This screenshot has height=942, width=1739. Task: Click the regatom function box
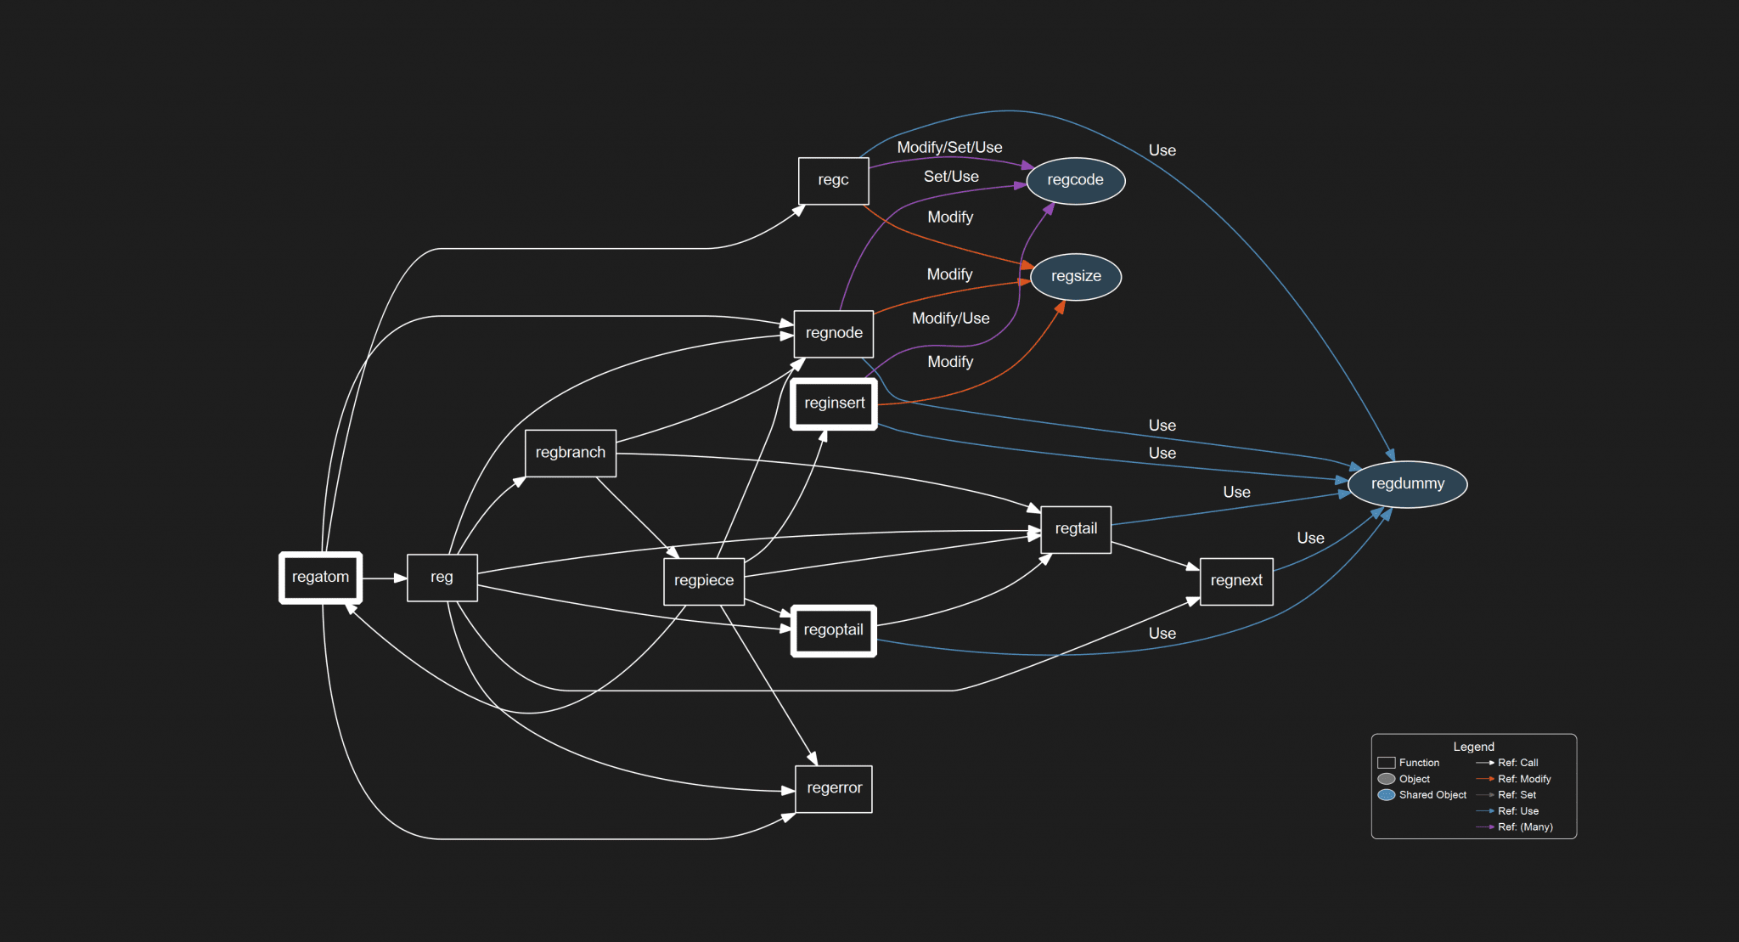(320, 578)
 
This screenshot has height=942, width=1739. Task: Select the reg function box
(442, 578)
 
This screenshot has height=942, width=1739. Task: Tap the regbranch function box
(570, 453)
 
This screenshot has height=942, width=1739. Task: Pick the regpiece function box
(703, 581)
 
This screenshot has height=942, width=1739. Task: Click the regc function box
(833, 180)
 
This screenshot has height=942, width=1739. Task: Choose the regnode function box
(833, 333)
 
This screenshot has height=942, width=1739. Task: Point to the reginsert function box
(834, 403)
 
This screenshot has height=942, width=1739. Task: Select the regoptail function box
(833, 630)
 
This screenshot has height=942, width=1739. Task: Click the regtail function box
(1075, 529)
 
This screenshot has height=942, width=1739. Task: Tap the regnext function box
(1235, 581)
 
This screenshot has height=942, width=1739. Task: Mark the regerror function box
(833, 788)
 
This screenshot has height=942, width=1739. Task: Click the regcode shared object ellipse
(1075, 180)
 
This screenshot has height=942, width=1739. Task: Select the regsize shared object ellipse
(1075, 276)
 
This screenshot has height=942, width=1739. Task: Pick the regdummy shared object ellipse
(1407, 484)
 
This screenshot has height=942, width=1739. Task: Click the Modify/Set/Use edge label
(949, 148)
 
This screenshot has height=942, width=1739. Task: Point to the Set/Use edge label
(951, 177)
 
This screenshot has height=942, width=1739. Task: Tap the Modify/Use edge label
(950, 319)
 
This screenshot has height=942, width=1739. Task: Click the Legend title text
(1473, 747)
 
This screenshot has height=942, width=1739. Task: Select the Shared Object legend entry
(1432, 795)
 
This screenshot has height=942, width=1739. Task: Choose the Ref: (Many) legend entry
(1524, 827)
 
